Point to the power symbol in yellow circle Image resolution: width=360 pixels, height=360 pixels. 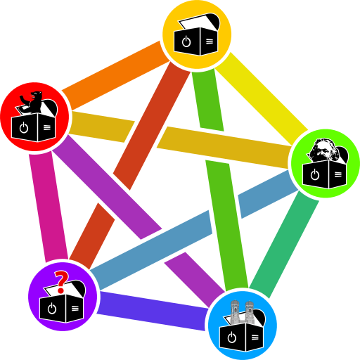pos(186,42)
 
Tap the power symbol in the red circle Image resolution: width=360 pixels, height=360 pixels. pos(24,128)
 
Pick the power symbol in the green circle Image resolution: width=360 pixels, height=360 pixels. pos(315,174)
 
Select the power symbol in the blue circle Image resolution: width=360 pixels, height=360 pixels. pos(231,337)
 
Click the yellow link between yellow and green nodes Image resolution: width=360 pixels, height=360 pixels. pos(260,95)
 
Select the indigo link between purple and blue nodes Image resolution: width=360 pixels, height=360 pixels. pos(151,311)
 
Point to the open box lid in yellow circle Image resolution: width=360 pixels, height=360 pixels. pos(197,23)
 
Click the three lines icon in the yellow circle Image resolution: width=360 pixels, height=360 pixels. pos(210,42)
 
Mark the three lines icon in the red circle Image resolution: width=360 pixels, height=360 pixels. pos(47,128)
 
